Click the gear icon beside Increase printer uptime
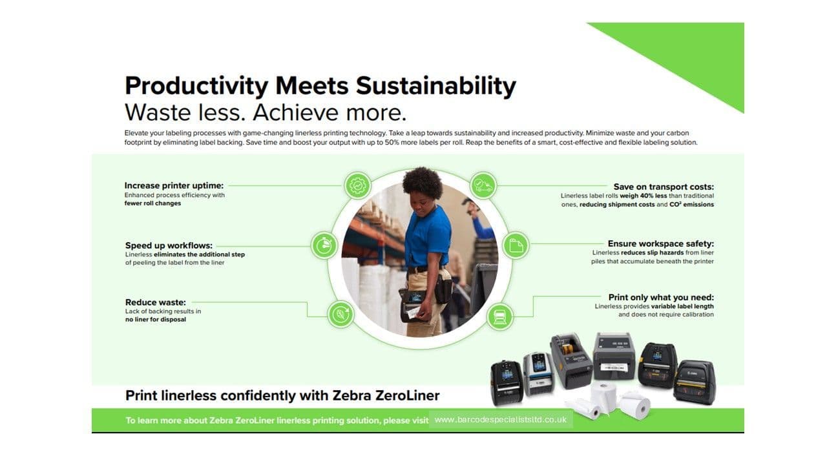click(x=357, y=185)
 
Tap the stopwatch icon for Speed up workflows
click(x=324, y=245)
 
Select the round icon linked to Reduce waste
click(x=340, y=315)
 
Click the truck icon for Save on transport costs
click(x=483, y=185)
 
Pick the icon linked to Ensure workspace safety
click(x=516, y=245)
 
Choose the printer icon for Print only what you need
click(x=499, y=316)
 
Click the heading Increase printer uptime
click(x=174, y=185)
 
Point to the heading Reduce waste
click(x=156, y=302)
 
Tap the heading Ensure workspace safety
click(x=661, y=244)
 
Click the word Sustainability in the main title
click(x=436, y=87)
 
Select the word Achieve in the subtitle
click(x=295, y=112)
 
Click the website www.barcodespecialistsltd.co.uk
click(x=501, y=420)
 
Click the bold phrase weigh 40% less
click(x=643, y=196)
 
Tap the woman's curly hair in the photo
click(x=423, y=182)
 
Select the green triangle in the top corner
click(x=691, y=56)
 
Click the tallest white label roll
click(x=603, y=398)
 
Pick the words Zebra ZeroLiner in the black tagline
click(x=386, y=395)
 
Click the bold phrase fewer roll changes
click(x=152, y=203)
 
